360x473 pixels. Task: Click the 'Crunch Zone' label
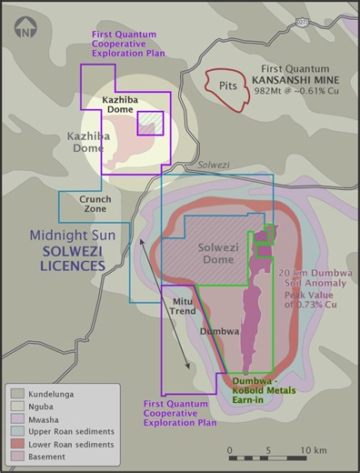click(x=95, y=204)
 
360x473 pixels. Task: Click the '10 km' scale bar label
click(x=314, y=450)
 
